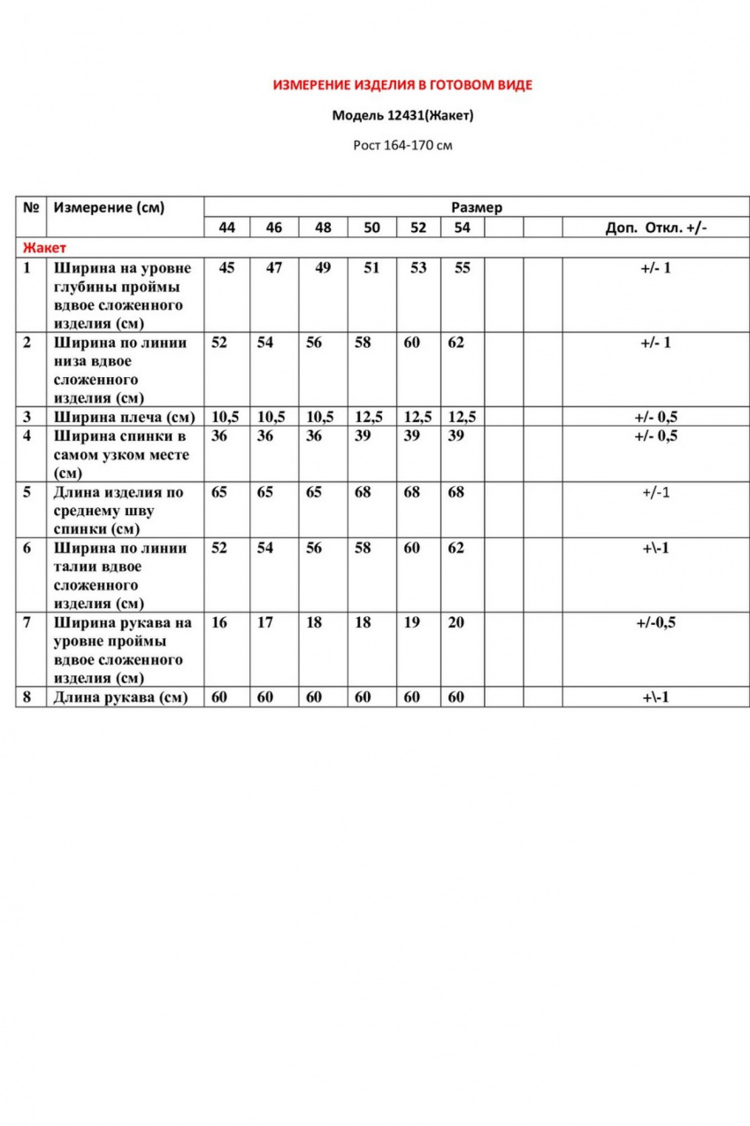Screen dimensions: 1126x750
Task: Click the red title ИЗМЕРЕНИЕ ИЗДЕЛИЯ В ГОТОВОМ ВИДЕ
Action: (402, 86)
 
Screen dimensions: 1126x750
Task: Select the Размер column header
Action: (477, 207)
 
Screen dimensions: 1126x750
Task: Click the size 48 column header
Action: (324, 228)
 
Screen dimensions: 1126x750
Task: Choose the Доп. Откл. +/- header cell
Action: (655, 228)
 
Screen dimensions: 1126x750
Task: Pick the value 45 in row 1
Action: (227, 267)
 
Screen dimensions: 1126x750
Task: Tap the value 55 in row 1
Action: (462, 267)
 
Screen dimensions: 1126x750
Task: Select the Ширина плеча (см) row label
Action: (123, 417)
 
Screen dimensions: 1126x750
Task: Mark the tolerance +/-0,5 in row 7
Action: (655, 622)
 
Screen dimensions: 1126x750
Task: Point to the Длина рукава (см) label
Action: (120, 697)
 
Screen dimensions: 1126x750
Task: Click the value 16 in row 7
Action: (219, 622)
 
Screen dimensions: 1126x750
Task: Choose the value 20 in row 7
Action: (455, 622)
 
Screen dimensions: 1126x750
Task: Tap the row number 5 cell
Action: (28, 492)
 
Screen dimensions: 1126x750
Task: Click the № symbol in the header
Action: (31, 208)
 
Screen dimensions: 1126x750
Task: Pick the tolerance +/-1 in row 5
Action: (655, 492)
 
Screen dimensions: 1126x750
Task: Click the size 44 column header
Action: (227, 228)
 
